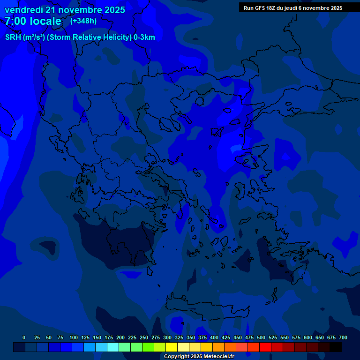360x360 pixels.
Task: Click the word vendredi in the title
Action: (x=24, y=10)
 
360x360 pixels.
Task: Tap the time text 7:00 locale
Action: (x=33, y=21)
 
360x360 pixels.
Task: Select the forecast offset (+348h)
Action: (x=83, y=21)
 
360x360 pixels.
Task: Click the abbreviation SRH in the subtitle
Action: (x=13, y=37)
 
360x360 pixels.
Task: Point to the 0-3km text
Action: (x=144, y=37)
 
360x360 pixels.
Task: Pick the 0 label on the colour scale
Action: (x=24, y=337)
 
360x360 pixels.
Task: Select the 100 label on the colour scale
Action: (x=74, y=337)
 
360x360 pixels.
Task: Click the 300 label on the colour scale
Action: (x=167, y=337)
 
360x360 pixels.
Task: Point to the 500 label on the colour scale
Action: (x=261, y=337)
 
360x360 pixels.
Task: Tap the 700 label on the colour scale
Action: (x=343, y=337)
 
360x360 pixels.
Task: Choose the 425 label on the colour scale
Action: (x=226, y=337)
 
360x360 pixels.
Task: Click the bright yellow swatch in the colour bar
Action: (x=172, y=347)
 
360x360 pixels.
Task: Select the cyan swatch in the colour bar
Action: (x=113, y=347)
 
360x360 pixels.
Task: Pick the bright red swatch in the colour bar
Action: (x=265, y=347)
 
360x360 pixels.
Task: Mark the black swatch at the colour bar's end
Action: (x=336, y=347)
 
